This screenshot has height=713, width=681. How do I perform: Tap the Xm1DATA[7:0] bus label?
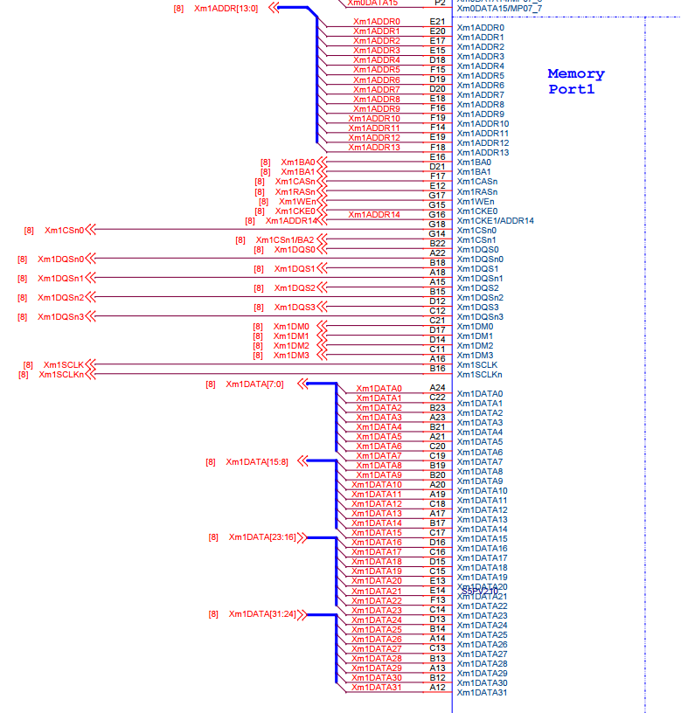pyautogui.click(x=254, y=384)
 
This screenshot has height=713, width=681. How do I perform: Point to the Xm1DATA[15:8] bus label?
pyautogui.click(x=256, y=461)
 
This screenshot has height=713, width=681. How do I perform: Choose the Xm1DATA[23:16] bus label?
pyautogui.click(x=262, y=537)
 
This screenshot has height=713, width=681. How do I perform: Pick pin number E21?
pyautogui.click(x=437, y=21)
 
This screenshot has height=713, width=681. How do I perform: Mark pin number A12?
pyautogui.click(x=437, y=687)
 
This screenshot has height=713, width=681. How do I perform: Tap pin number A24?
pyautogui.click(x=437, y=387)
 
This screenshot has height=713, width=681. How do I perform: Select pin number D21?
pyautogui.click(x=437, y=166)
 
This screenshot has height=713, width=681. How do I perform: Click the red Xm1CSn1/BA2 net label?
pyautogui.click(x=285, y=240)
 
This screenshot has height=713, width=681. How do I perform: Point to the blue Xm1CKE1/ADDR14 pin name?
pyautogui.click(x=495, y=220)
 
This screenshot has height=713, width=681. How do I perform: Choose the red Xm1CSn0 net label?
pyautogui.click(x=65, y=231)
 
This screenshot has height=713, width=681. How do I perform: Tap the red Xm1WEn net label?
pyautogui.click(x=297, y=201)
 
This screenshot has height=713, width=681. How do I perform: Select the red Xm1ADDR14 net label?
pyautogui.click(x=374, y=214)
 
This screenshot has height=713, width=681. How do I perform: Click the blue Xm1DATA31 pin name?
pyautogui.click(x=482, y=693)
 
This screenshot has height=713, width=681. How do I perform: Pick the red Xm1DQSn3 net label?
pyautogui.click(x=61, y=316)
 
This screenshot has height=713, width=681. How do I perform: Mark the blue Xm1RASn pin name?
pyautogui.click(x=477, y=191)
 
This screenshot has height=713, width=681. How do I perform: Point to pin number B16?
pyautogui.click(x=437, y=368)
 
